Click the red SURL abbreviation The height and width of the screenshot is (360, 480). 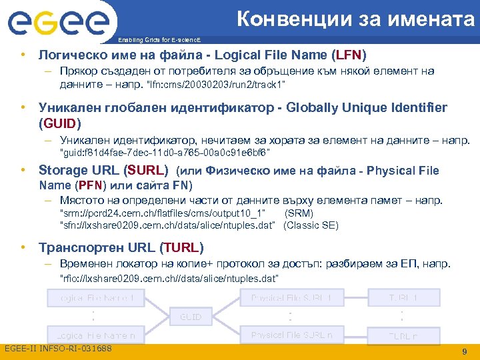pos(147,170)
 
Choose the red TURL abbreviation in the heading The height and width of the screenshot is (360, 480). pos(181,247)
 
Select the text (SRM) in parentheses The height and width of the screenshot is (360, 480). pos(299,213)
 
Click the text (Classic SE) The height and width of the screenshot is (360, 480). pos(311,225)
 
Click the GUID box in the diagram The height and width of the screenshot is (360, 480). pos(191,316)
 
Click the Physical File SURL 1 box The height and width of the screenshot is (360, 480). pos(291,297)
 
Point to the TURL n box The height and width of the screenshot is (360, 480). pos(403,336)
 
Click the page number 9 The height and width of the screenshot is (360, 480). pos(463,351)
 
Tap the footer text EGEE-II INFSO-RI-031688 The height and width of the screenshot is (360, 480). pos(58,349)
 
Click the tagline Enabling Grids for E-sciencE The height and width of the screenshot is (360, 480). pos(161,40)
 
